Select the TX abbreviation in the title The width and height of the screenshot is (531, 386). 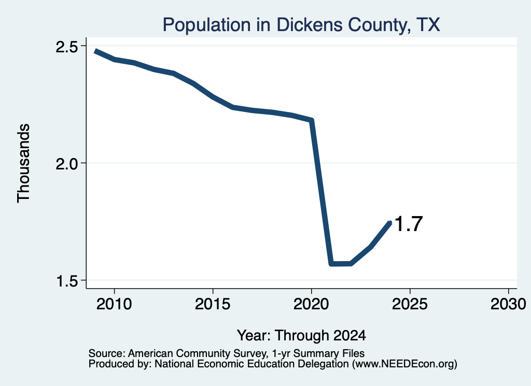point(428,25)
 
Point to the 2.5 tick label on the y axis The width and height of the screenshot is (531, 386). point(67,47)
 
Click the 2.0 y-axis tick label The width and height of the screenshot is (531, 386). point(67,164)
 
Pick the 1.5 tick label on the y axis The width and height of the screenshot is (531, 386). point(67,281)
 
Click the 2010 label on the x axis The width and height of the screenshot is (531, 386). point(114,304)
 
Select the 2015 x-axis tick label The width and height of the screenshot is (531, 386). point(213,304)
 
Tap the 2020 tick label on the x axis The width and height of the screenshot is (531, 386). point(311,304)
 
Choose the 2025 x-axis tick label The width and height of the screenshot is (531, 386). point(410,304)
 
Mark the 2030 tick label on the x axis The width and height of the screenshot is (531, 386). point(508,304)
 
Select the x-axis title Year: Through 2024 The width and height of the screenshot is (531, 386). point(301,335)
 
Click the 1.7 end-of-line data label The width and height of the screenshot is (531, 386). point(409,224)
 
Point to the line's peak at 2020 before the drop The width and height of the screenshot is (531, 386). point(312,120)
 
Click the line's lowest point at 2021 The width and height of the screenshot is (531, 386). point(331,264)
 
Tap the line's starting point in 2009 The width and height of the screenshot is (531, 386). point(96,51)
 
